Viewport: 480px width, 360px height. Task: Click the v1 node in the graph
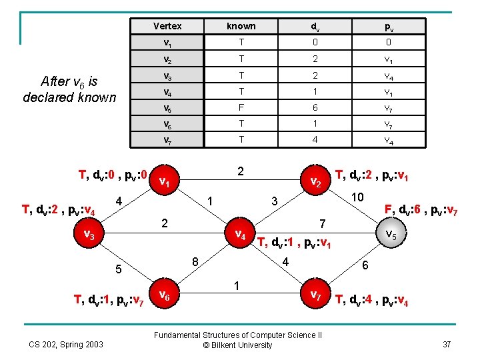coord(167,183)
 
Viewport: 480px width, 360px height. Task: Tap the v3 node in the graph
coord(87,234)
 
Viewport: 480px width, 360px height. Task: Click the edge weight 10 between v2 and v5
coord(357,198)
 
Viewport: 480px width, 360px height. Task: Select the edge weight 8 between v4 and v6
coord(195,261)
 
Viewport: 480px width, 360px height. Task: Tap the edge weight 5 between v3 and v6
coord(118,270)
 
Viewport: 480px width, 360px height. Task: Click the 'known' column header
coord(241,26)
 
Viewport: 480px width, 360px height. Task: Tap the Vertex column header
coord(167,26)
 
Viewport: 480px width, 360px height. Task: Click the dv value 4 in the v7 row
coord(314,140)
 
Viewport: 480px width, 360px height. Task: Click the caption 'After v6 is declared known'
coord(69,89)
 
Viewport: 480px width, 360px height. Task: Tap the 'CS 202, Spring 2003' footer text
coord(66,344)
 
